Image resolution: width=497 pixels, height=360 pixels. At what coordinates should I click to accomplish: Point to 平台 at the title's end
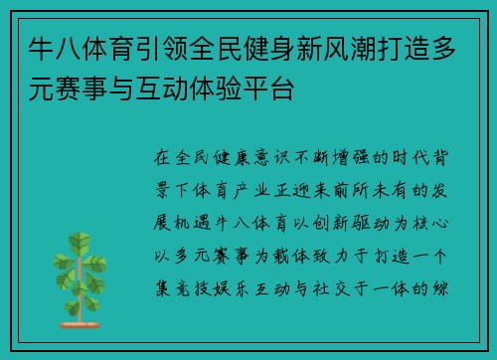[x=274, y=88]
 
